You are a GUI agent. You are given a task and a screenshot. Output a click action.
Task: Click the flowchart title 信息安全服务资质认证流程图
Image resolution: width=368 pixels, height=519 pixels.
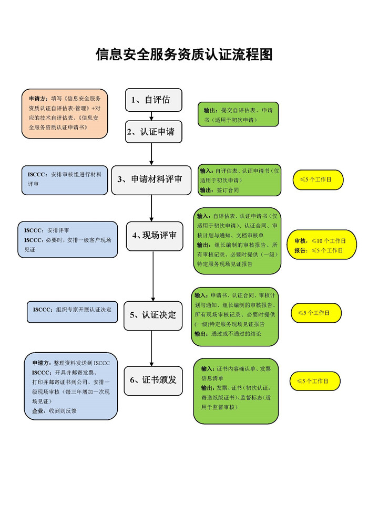point(184,55)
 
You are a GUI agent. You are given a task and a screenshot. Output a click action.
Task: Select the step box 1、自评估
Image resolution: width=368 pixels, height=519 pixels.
point(154,100)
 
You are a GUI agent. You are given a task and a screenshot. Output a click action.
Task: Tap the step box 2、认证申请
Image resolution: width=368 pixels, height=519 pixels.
point(154,132)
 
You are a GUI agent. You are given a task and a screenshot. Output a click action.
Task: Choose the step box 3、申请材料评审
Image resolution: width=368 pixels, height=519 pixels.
point(151,180)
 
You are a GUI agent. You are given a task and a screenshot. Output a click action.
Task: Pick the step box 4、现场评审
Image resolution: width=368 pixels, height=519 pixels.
point(155,236)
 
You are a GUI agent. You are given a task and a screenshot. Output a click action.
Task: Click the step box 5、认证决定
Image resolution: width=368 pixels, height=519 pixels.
point(153,316)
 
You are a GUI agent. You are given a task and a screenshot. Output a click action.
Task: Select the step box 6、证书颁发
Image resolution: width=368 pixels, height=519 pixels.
point(153,380)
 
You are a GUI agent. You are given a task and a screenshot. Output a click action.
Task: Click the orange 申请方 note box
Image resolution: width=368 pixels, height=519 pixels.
point(65,113)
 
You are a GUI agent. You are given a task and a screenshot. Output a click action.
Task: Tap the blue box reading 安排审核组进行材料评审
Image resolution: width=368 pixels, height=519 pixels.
point(65,180)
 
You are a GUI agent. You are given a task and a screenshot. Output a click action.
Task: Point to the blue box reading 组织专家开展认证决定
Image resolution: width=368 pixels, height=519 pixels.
point(72,312)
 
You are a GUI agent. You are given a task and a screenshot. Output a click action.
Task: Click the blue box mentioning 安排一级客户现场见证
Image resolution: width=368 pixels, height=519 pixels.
point(68,240)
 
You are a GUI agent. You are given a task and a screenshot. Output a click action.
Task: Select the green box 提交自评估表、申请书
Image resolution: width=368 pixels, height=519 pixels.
point(238,114)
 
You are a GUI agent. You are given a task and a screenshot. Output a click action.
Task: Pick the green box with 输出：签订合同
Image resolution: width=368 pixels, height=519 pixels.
point(239,180)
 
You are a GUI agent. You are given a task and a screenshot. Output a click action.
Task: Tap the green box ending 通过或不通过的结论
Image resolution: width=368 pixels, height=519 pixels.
point(234,317)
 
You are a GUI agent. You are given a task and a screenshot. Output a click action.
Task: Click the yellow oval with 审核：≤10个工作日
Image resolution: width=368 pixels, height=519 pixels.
point(322,245)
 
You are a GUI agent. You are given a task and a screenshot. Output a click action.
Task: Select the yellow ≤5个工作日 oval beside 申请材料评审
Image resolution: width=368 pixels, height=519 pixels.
point(318,179)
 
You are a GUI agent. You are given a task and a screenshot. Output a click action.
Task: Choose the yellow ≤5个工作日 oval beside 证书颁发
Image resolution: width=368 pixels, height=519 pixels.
point(315,381)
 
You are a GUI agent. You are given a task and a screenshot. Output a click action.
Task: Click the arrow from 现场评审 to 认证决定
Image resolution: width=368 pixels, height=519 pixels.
point(153,276)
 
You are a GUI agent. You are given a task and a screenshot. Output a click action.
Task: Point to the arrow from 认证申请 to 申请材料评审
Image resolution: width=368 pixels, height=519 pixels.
point(151,154)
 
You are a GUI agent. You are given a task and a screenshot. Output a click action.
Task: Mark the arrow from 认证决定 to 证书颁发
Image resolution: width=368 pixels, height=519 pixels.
point(152,348)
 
